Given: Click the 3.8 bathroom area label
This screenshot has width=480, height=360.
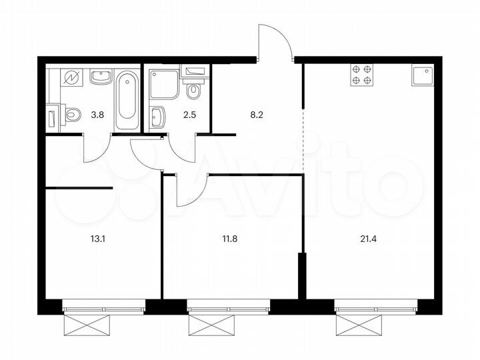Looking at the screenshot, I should click(x=97, y=113).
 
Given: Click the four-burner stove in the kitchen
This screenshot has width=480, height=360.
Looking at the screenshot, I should click(x=361, y=74).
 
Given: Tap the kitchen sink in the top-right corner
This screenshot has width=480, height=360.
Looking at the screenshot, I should click(x=423, y=75).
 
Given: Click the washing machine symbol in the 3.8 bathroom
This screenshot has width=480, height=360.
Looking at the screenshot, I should click(x=69, y=77).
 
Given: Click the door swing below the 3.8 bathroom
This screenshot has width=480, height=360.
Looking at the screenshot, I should click(x=95, y=149).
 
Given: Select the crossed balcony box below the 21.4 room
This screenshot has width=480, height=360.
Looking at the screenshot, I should click(x=360, y=327).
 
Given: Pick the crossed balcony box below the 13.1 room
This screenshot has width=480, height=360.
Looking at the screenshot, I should click(x=87, y=327).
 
